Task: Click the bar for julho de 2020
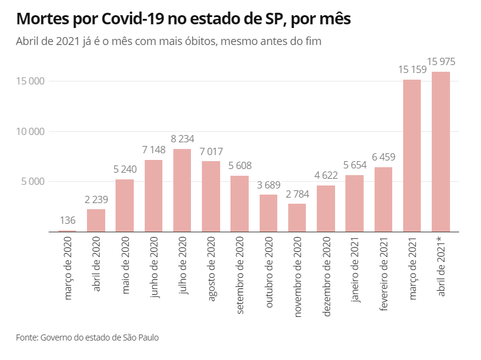tap(182, 190)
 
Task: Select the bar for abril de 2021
tap(441, 152)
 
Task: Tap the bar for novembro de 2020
tap(297, 218)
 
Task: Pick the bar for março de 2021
tap(412, 156)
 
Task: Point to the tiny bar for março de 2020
tap(67, 231)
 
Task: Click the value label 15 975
tap(441, 61)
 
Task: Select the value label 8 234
tap(182, 139)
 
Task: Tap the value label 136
tap(67, 221)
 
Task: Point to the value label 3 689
tap(268, 184)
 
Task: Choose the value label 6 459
tap(383, 157)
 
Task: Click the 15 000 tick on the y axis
tap(30, 81)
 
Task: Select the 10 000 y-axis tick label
tap(30, 131)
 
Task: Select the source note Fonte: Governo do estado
tap(88, 336)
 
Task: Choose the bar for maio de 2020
tap(124, 206)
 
